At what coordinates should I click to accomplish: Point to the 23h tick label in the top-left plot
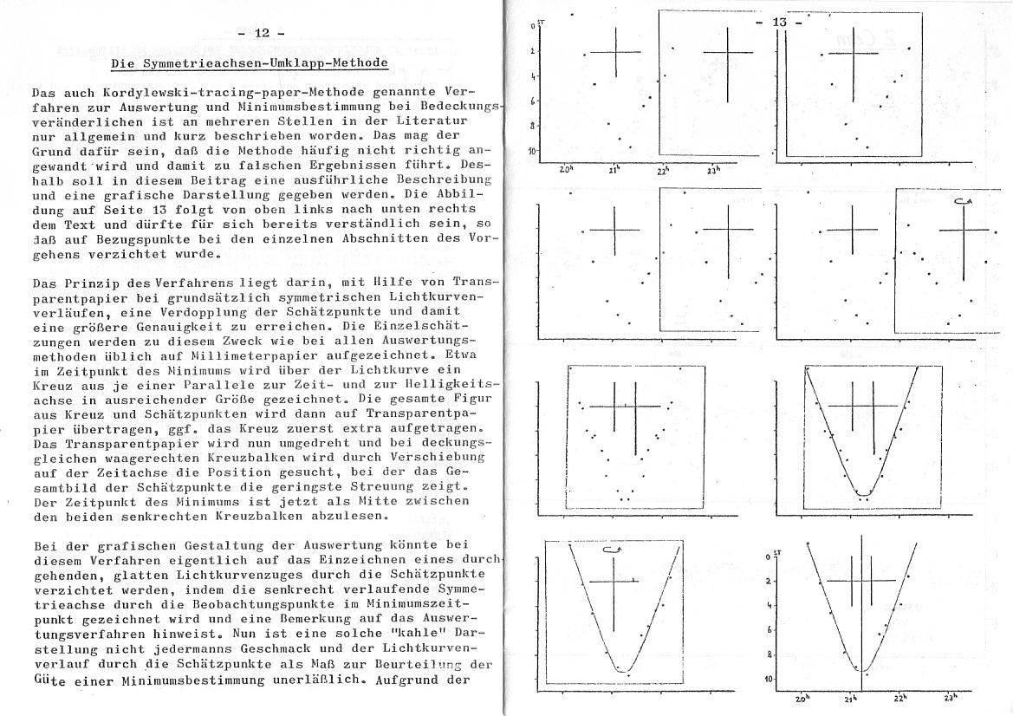tap(715, 171)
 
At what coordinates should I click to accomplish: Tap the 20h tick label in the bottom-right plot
tap(802, 698)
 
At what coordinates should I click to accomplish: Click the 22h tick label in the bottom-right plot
tap(901, 698)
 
